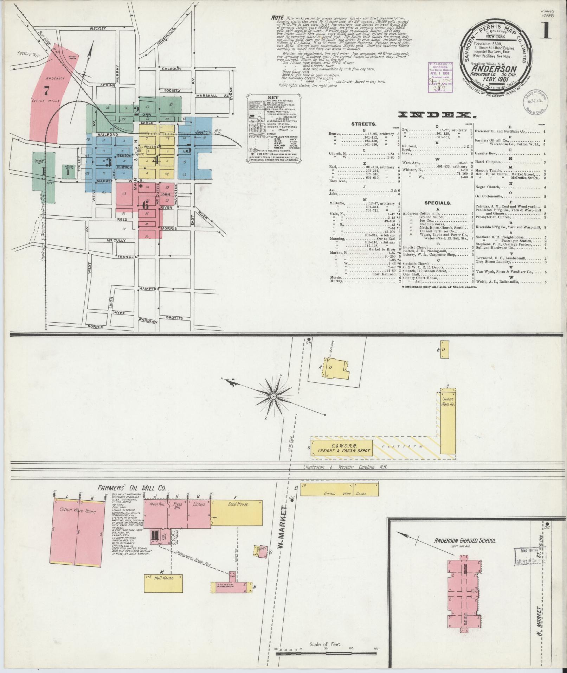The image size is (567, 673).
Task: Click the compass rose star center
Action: pyautogui.click(x=273, y=397)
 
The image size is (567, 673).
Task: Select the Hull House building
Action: pyautogui.click(x=163, y=578)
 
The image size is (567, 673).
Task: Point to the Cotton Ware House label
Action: pyautogui.click(x=77, y=511)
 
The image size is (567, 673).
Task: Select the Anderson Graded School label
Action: pyautogui.click(x=464, y=540)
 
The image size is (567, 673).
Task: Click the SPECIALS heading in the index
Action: pyautogui.click(x=438, y=203)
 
